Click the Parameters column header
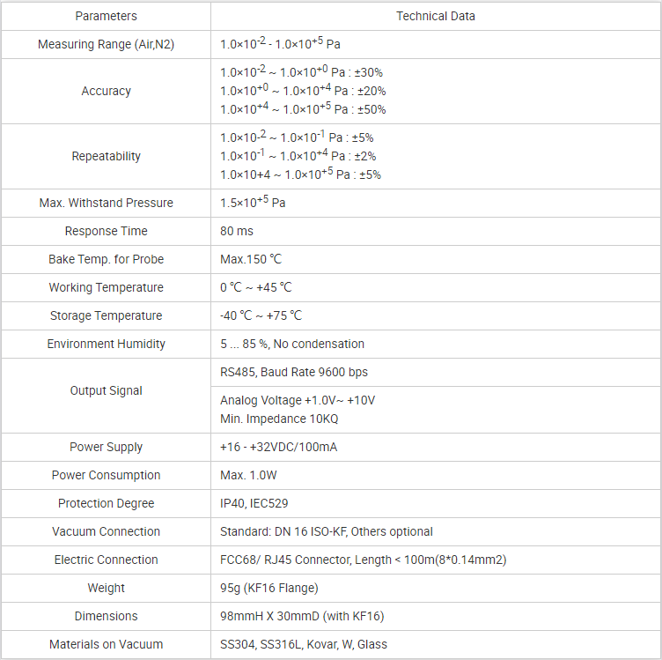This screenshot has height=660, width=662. (x=106, y=16)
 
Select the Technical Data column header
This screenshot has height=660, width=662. (x=436, y=16)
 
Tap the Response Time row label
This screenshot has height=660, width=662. (x=106, y=231)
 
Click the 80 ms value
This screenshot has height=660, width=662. (x=237, y=231)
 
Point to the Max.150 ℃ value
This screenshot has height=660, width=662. (x=251, y=259)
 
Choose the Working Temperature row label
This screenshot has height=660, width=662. (x=106, y=287)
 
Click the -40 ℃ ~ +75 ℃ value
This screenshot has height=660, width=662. (x=261, y=315)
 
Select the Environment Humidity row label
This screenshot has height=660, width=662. (x=106, y=344)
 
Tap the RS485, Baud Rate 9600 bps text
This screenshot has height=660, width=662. (x=294, y=372)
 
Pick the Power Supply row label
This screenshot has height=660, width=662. (x=106, y=447)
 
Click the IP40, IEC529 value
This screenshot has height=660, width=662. (x=254, y=503)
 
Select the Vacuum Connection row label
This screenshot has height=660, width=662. (x=106, y=531)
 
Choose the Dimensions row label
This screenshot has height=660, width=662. (x=106, y=616)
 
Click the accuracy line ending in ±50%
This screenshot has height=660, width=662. (x=303, y=109)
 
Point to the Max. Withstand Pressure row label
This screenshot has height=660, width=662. (x=106, y=203)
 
